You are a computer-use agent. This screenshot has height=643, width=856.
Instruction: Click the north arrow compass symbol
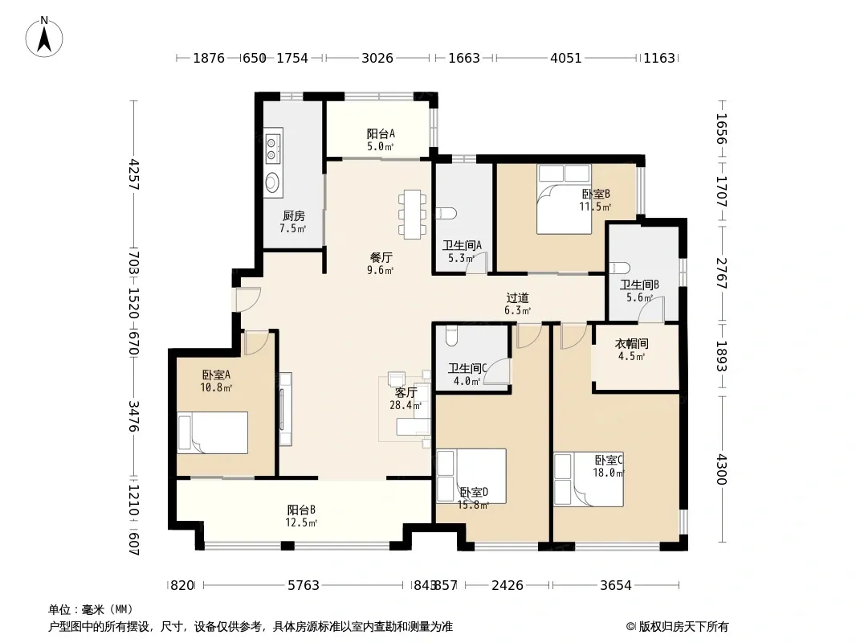click(x=44, y=37)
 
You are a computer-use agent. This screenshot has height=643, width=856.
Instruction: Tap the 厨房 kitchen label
click(x=293, y=215)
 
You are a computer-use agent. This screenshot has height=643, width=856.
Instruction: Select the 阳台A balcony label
click(x=381, y=134)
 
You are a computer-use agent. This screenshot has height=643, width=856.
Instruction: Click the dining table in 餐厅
click(x=412, y=214)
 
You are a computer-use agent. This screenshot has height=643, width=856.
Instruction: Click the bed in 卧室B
click(x=564, y=199)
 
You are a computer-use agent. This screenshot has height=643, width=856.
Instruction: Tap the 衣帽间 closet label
click(x=631, y=344)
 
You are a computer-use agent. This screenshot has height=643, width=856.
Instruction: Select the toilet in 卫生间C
click(x=451, y=336)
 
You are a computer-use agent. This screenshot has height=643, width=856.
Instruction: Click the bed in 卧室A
click(x=212, y=432)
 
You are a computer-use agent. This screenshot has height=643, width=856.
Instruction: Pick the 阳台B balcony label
click(x=301, y=510)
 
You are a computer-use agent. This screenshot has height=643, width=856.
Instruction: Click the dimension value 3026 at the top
click(x=377, y=58)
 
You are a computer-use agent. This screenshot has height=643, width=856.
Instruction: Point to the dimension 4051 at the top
click(x=565, y=58)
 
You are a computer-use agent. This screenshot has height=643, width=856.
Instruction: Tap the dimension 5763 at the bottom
click(x=304, y=586)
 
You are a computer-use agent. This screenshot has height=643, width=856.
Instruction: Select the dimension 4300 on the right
click(x=722, y=469)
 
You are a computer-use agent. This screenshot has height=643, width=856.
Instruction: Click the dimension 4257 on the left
click(x=134, y=175)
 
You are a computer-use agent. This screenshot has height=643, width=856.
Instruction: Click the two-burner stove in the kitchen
click(x=274, y=148)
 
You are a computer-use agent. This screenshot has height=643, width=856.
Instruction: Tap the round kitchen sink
click(x=273, y=182)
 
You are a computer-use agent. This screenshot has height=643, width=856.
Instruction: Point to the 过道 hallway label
click(x=517, y=298)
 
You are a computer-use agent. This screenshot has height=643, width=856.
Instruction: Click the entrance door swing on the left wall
click(x=248, y=299)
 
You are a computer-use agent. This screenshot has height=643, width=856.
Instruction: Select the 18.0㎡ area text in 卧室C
click(x=609, y=473)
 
